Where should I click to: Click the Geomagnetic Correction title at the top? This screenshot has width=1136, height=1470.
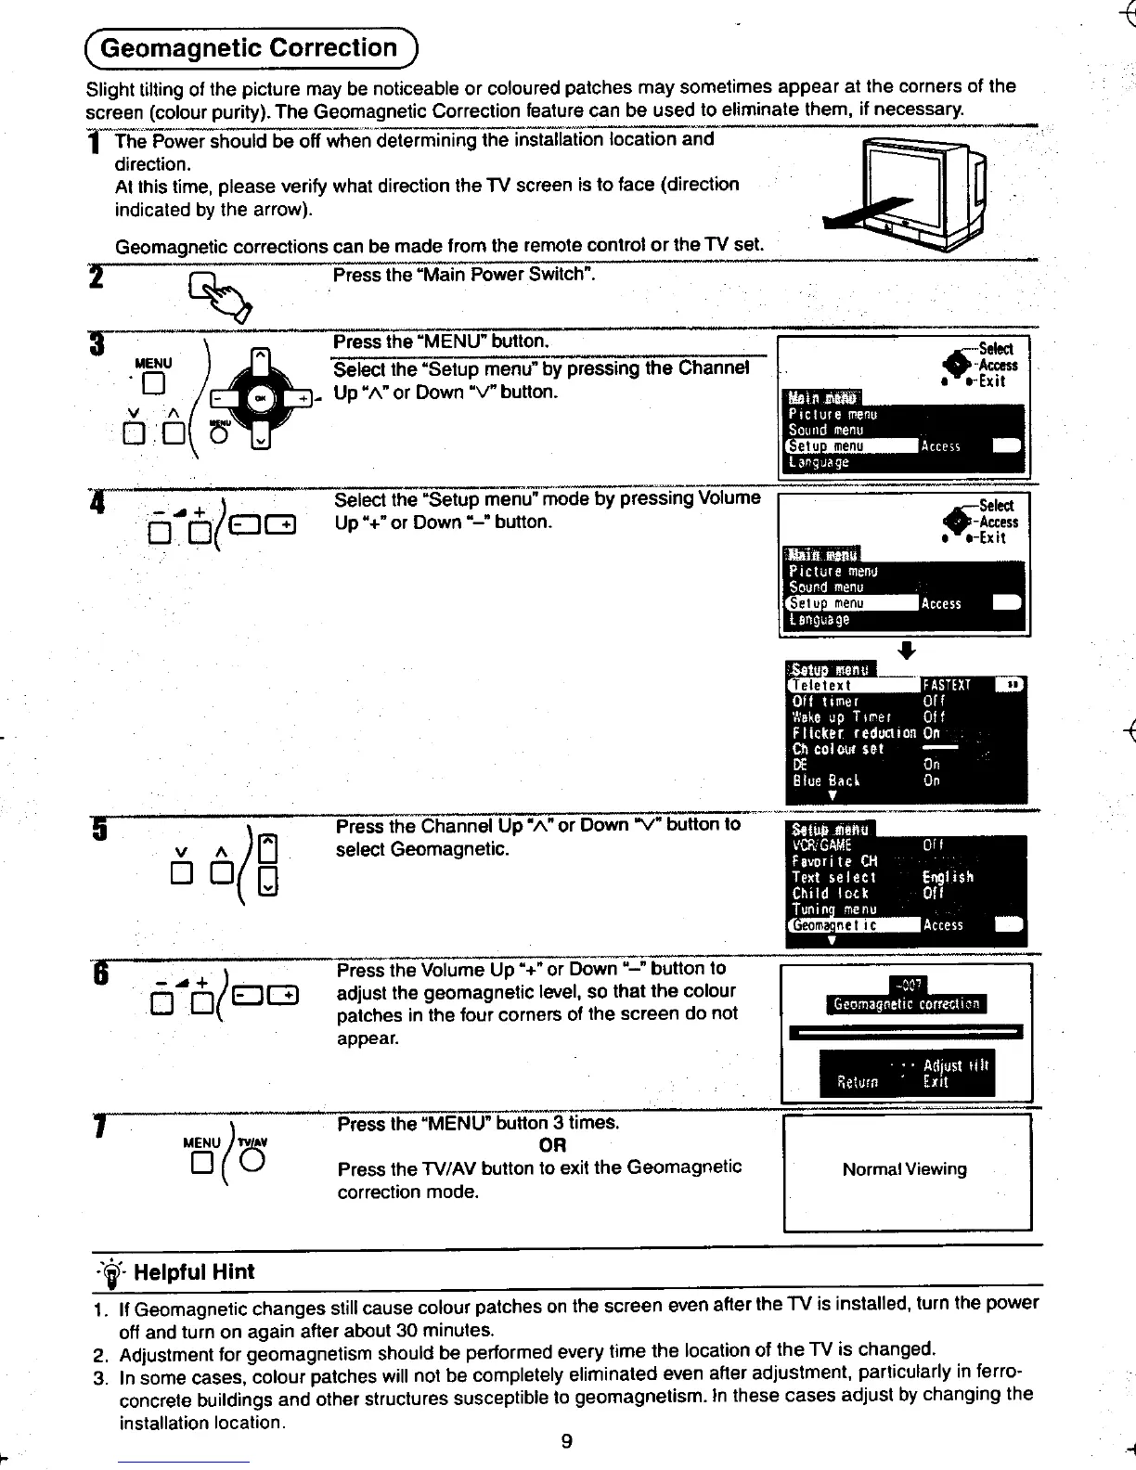pos(248,48)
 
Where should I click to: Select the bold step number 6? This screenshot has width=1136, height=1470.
pos(100,977)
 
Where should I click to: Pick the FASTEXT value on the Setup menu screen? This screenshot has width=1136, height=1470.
pos(946,686)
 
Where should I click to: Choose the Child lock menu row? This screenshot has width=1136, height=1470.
pos(830,893)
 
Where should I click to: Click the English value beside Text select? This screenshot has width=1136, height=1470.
pos(947,877)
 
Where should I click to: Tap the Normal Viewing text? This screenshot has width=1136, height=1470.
pos(904,1169)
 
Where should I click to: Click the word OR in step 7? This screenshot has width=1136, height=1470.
pos(552,1145)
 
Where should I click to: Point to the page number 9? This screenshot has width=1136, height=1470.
pos(567,1440)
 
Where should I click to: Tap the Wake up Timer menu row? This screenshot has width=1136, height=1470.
pos(841,717)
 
